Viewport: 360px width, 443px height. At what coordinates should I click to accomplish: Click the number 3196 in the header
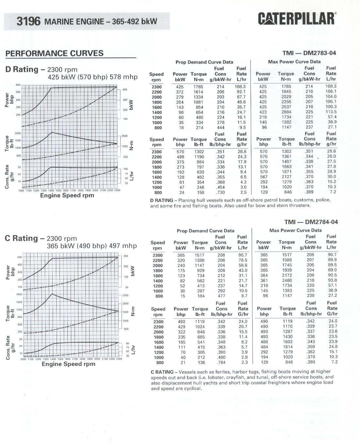(x=28, y=22)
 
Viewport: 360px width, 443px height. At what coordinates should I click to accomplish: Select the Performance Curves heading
(x=54, y=54)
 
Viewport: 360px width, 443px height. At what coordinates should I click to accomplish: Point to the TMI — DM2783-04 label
(x=309, y=53)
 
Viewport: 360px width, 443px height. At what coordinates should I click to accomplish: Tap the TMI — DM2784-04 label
(x=311, y=222)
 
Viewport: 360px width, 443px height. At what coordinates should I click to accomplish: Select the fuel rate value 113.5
(x=331, y=112)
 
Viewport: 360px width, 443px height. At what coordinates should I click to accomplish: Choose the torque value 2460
(x=287, y=280)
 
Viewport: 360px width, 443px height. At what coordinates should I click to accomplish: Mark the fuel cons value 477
(x=221, y=296)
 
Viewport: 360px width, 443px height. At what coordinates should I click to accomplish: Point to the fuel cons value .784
(x=221, y=362)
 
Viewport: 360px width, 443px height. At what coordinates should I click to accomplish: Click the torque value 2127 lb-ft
(x=287, y=177)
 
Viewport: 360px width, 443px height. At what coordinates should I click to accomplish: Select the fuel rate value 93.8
(x=332, y=280)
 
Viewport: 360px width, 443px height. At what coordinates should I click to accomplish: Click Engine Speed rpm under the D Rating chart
(x=67, y=195)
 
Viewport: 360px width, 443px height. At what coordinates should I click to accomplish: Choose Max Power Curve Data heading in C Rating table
(x=295, y=230)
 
